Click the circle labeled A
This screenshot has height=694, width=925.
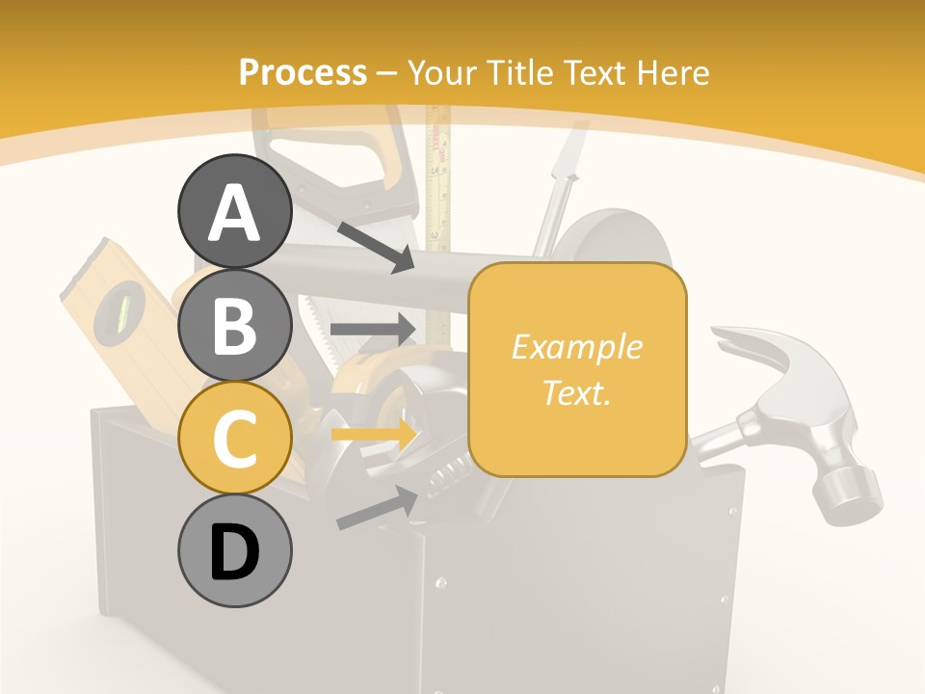point(234,212)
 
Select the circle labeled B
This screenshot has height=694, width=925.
point(234,325)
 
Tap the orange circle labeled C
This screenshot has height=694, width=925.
point(234,438)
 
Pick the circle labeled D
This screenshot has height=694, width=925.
point(234,550)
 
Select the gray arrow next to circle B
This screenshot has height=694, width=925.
point(373,329)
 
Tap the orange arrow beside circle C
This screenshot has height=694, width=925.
point(373,434)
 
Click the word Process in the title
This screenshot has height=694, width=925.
point(303,72)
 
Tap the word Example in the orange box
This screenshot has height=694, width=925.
point(576,347)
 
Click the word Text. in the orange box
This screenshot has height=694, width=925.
point(576,392)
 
